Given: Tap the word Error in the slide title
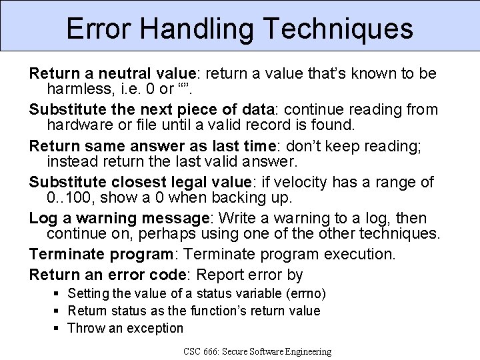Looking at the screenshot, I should [x=96, y=29].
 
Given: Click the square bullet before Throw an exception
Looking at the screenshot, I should [x=59, y=328].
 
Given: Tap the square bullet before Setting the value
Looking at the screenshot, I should [x=59, y=293].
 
